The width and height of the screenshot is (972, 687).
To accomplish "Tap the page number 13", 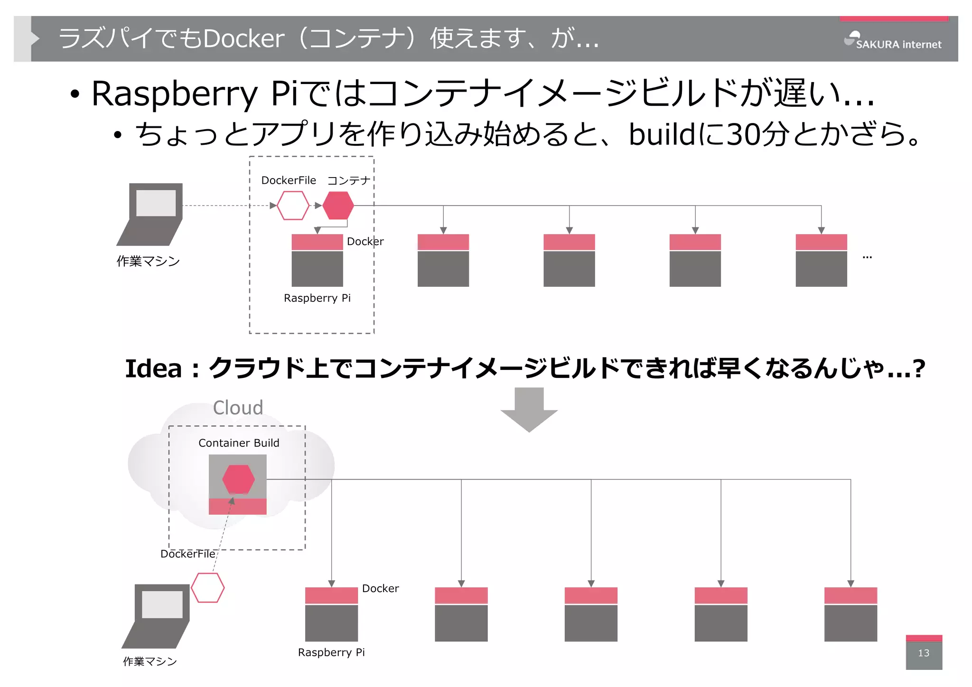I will click(923, 653).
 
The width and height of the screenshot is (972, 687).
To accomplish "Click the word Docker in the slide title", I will click(244, 38).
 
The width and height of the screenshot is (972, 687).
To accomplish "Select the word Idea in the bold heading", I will click(153, 369).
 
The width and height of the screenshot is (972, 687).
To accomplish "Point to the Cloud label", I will click(238, 408).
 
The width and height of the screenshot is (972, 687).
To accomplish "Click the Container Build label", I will click(239, 443).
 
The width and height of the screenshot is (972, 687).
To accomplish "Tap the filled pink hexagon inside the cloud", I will click(238, 479).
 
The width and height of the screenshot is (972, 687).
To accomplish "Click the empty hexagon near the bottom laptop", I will click(207, 588).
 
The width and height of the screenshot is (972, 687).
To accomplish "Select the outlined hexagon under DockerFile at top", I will click(293, 206).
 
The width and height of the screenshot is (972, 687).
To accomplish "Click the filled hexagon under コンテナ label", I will click(338, 206).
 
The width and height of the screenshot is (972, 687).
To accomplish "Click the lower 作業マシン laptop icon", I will click(156, 616).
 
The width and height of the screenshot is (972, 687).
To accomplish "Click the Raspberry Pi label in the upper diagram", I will click(317, 298).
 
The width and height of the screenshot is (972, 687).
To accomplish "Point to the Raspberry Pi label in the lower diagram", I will click(331, 652).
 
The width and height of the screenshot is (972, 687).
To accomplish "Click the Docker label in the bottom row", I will click(380, 589).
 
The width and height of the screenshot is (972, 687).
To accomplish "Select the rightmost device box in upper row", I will click(821, 260).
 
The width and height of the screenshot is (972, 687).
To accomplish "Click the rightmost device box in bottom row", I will click(850, 614).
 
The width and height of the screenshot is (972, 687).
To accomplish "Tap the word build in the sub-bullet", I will click(662, 134).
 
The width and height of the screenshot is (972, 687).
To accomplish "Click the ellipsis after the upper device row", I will click(867, 257).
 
